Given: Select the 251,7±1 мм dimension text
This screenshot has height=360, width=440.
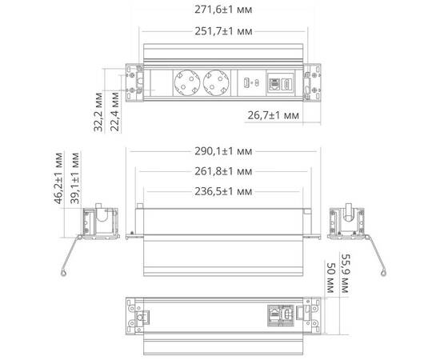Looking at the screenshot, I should [x=222, y=31].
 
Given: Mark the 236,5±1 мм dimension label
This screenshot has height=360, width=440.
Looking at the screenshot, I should [x=222, y=192].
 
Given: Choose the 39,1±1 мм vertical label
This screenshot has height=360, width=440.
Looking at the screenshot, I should [x=76, y=181].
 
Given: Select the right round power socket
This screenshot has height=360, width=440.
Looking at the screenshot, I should [x=215, y=82].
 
